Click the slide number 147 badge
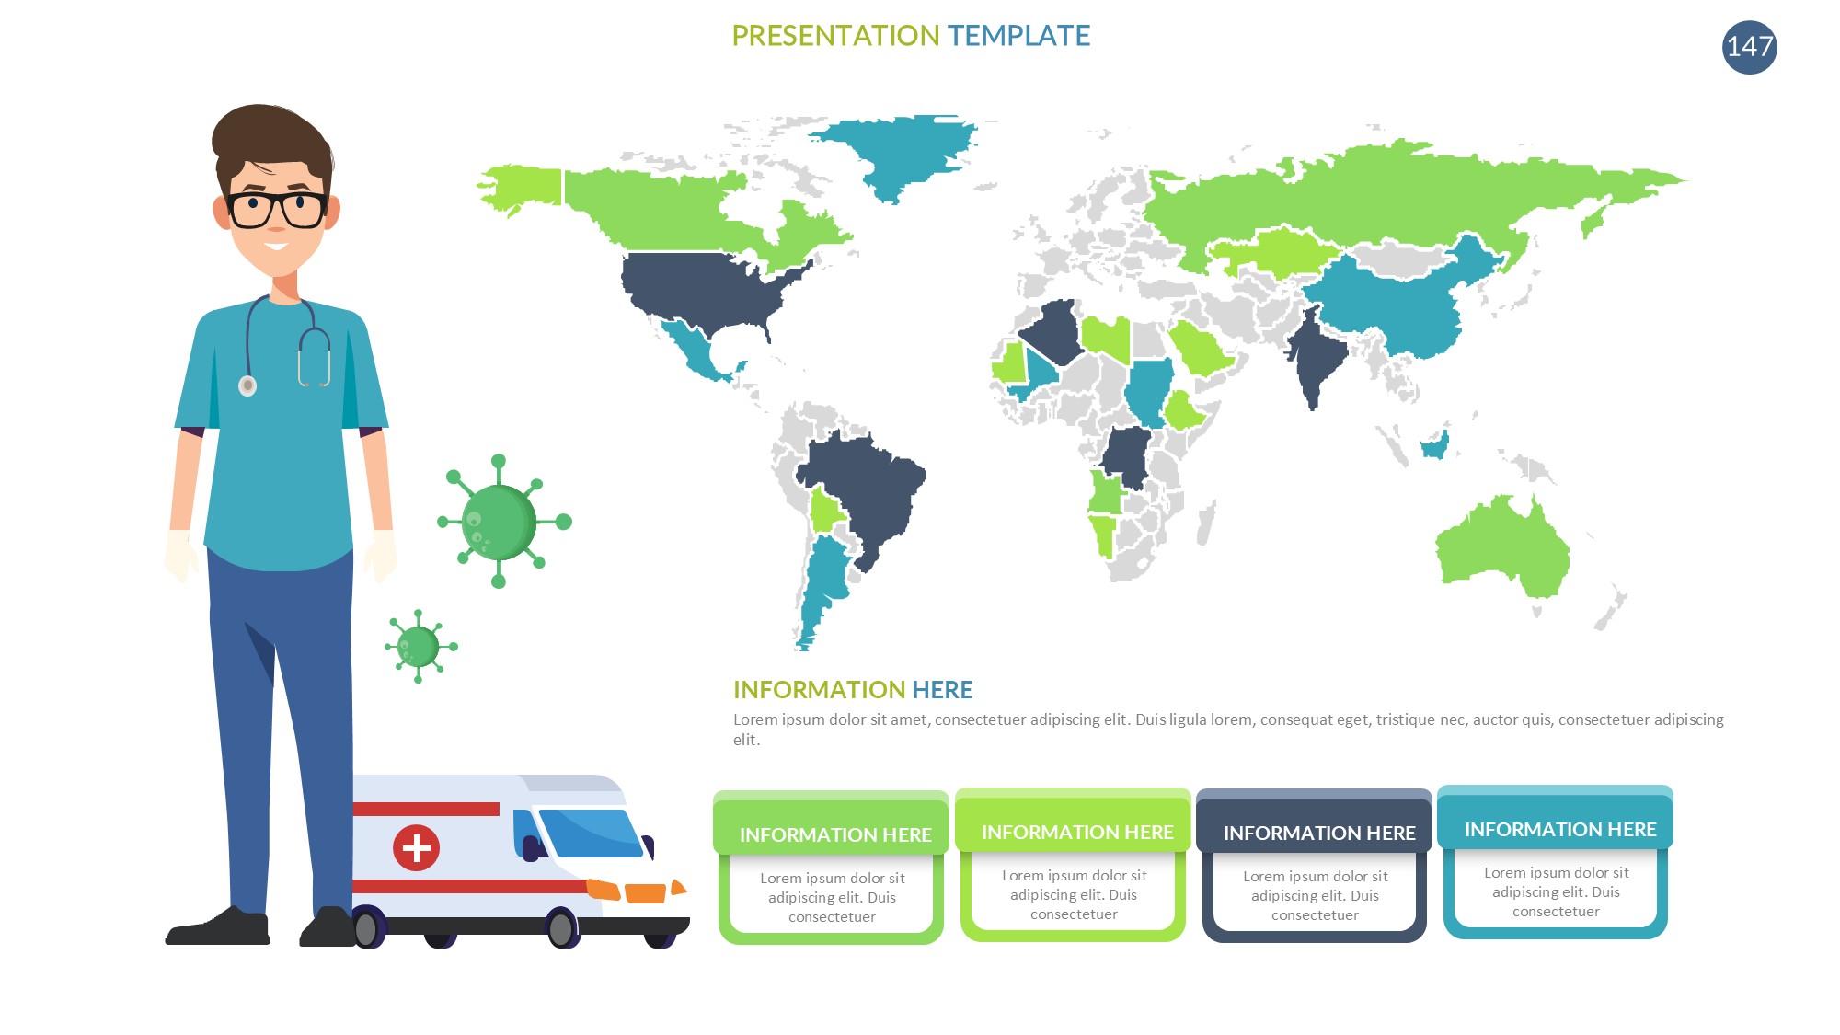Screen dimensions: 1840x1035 coord(1749,47)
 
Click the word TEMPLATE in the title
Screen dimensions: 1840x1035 coord(1018,36)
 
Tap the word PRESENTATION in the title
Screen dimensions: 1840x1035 coord(835,36)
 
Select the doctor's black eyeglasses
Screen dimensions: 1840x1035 coord(276,210)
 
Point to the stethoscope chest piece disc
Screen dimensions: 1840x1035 coord(247,385)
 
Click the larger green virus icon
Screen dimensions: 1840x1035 coord(501,522)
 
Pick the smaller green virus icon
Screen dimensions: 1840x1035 coord(420,647)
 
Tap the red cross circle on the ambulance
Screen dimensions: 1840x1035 coord(416,847)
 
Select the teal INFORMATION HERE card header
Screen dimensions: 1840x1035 coord(1555,818)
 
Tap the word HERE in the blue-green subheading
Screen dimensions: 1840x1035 coord(942,690)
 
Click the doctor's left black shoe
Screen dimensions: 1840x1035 coord(218,927)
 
